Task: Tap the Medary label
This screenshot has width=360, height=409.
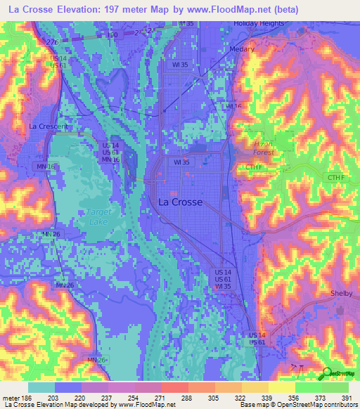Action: (x=243, y=50)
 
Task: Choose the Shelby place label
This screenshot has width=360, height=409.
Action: (x=341, y=294)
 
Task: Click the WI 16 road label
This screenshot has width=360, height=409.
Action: (x=233, y=106)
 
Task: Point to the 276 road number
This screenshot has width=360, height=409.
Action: (x=51, y=43)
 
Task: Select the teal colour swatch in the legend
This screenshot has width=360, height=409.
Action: (x=41, y=387)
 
